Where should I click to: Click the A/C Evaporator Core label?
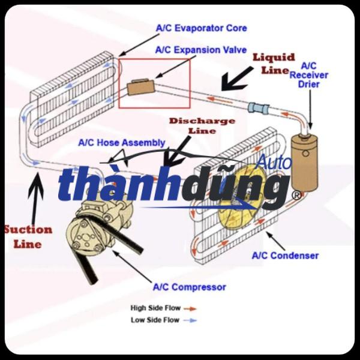[x=201, y=28]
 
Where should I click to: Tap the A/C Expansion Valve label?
[x=201, y=50]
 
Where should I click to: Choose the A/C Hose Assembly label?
[x=122, y=143]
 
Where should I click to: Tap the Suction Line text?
[x=28, y=236]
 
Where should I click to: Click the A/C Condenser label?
[x=285, y=256]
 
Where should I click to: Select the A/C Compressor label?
[x=189, y=287]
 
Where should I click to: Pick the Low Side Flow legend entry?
[x=155, y=320]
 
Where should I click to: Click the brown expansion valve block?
[x=140, y=88]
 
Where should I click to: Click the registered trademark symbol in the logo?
[x=296, y=196]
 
